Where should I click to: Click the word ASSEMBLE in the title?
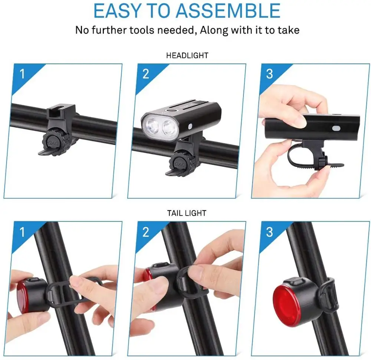coord(228,10)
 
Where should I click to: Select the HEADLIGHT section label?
coord(187,55)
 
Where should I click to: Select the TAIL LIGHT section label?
coord(187,213)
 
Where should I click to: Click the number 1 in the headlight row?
coord(22,74)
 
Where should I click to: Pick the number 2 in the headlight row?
coord(146,74)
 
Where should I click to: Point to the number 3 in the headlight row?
coord(269,74)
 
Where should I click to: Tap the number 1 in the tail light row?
coord(22,232)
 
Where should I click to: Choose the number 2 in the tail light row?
coord(146,232)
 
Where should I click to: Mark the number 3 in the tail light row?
coord(269,232)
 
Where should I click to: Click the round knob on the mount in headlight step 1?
coord(55,143)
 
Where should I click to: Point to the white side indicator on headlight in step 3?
coord(336,128)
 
